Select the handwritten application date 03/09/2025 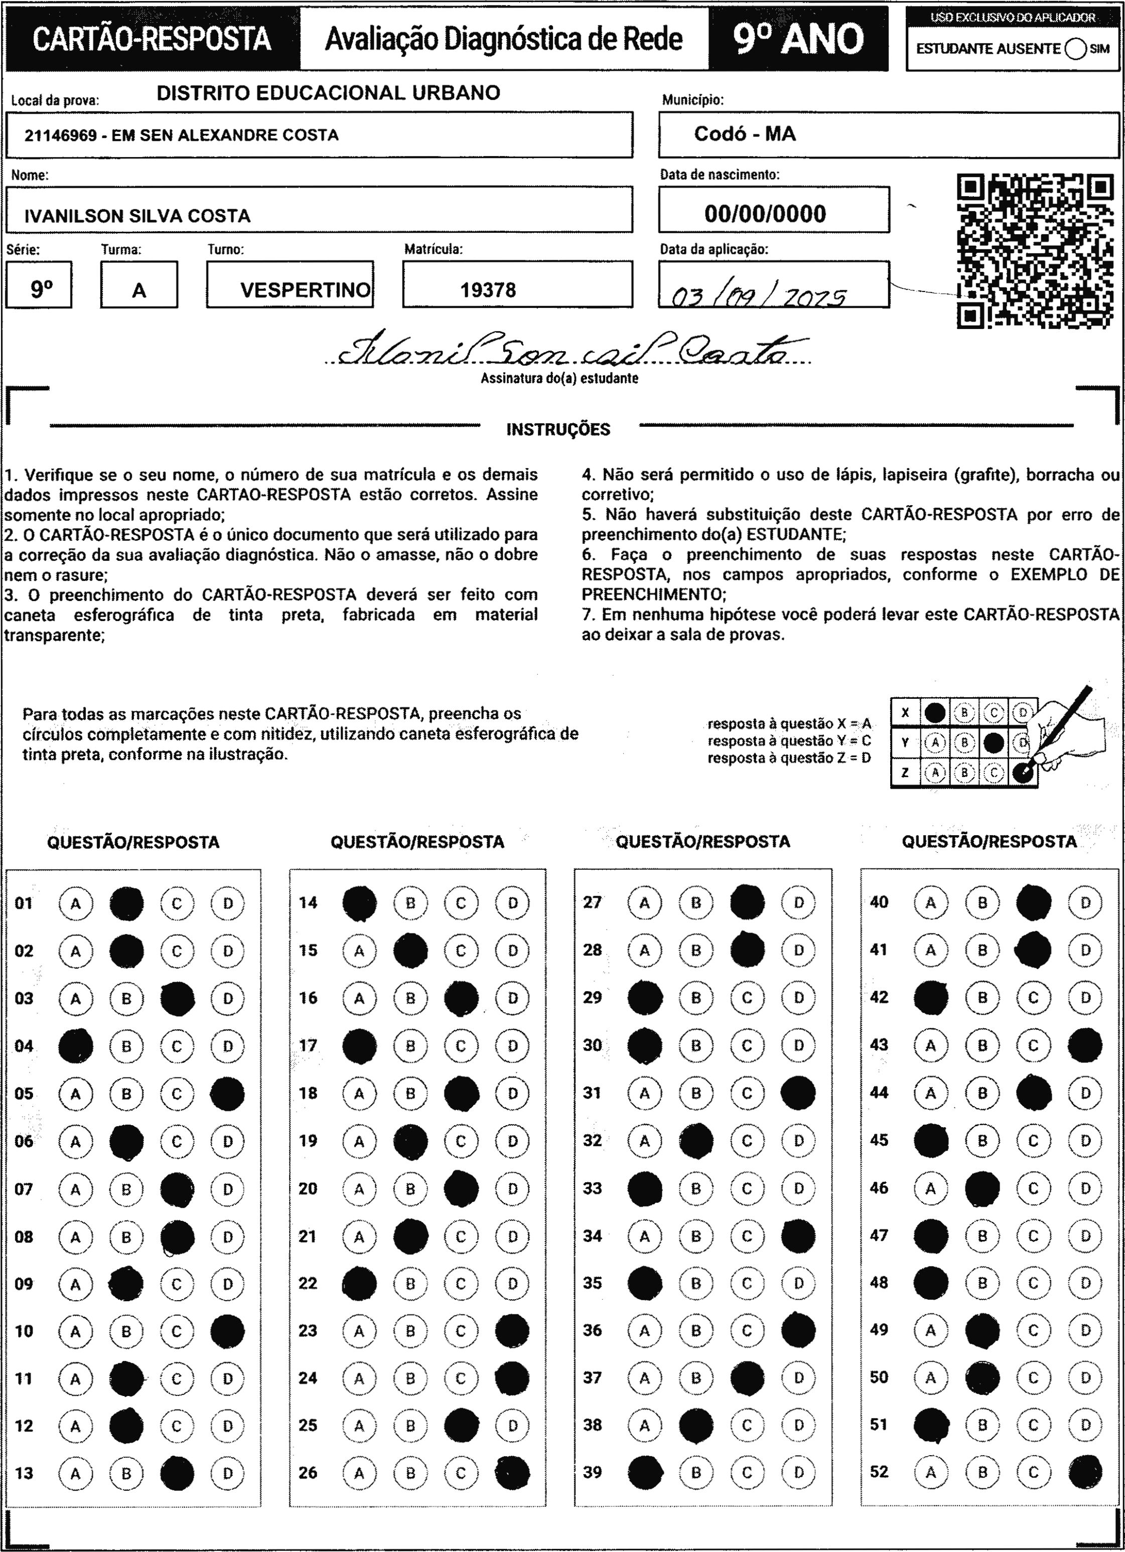click(759, 296)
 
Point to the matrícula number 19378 click(488, 290)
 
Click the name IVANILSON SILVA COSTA click(137, 216)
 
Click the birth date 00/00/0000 click(765, 214)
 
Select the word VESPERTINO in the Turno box click(305, 290)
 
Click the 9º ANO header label click(798, 39)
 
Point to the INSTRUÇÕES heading click(558, 430)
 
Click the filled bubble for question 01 click(126, 903)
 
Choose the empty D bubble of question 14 click(512, 903)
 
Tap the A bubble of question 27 click(644, 903)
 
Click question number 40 click(879, 902)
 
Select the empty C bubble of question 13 click(177, 1473)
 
